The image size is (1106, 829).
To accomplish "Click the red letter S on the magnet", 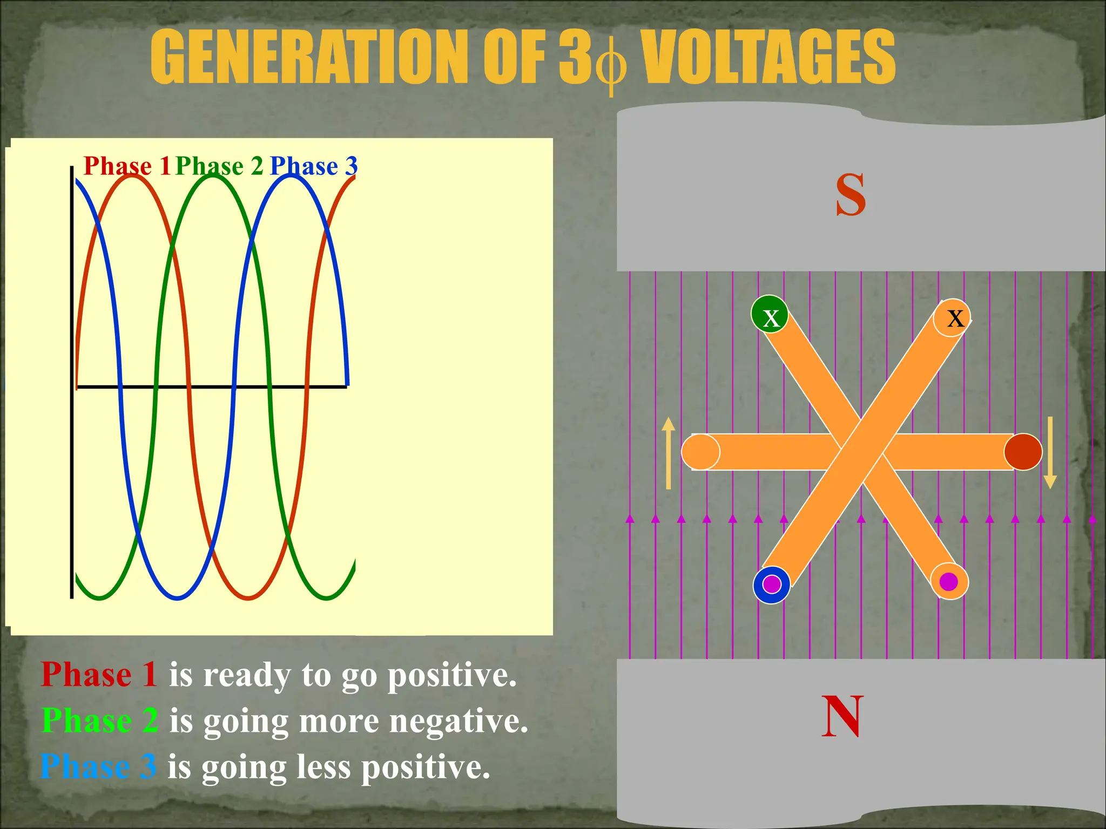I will (851, 195).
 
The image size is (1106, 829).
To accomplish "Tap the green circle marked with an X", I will (770, 314).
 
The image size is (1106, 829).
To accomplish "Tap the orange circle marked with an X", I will (952, 317).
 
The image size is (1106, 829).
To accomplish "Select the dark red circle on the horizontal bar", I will (1023, 452).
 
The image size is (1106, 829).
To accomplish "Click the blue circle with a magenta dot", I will (772, 585).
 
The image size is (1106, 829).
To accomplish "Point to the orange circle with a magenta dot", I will (949, 581).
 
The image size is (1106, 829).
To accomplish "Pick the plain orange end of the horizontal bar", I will (700, 452).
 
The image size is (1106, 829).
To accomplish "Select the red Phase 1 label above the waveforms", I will (127, 166).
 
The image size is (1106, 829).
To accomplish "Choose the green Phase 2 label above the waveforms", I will (219, 166).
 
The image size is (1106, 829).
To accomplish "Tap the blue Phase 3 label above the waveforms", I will (313, 166).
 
